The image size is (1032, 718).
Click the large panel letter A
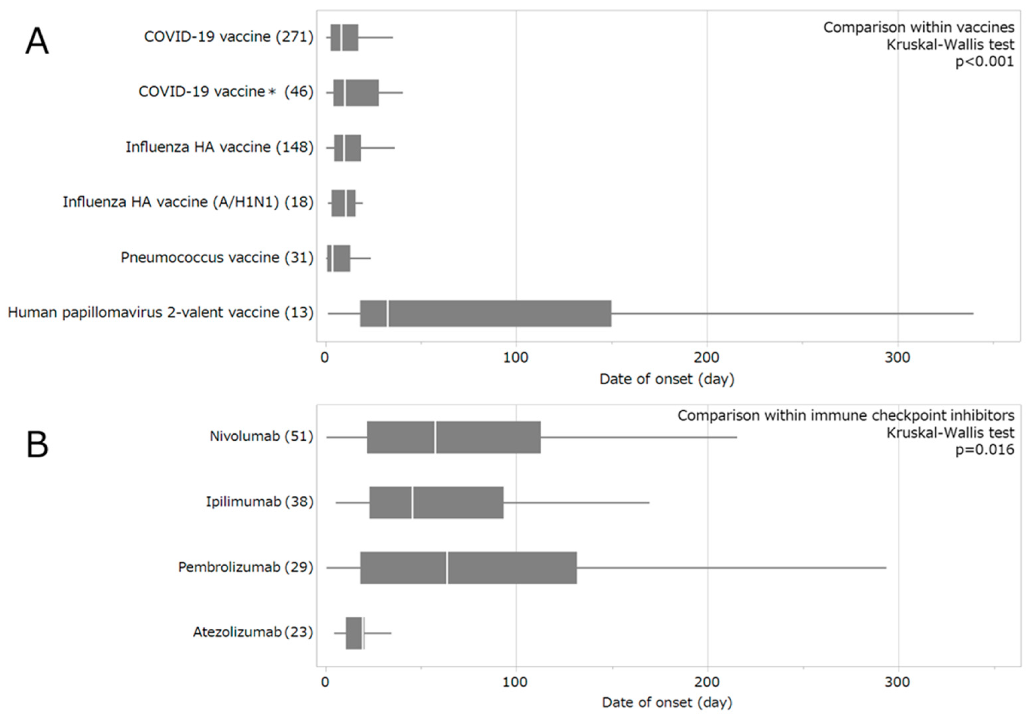point(37,41)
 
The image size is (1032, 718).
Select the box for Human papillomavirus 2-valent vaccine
point(485,313)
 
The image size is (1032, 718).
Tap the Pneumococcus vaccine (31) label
point(217,258)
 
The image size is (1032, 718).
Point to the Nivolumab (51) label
point(261,436)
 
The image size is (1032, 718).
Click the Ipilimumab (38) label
point(259,501)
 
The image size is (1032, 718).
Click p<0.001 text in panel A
point(984,61)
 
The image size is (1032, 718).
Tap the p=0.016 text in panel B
point(984,449)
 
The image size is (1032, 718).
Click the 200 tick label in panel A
point(706,358)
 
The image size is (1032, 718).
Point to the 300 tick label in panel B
point(897,682)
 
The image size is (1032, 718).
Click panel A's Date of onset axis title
point(667,379)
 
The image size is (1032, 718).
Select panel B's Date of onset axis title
point(667,702)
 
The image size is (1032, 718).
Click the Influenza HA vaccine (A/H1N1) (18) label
point(188,202)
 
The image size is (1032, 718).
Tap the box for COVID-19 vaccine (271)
point(344,37)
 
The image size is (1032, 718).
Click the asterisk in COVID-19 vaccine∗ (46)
point(271,92)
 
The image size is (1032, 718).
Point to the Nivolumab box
point(454,437)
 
